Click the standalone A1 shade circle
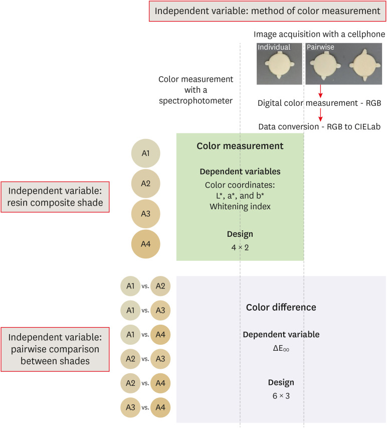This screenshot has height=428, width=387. tap(145, 153)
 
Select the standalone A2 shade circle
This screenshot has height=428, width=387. tap(145, 183)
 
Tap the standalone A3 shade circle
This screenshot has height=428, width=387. tap(145, 213)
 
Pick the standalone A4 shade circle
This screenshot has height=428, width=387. tap(145, 244)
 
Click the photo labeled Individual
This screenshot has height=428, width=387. tap(279, 63)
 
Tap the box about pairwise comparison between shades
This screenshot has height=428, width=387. tap(56, 349)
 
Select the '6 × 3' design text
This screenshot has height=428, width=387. tap(281, 395)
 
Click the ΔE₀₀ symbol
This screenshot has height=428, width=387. tap(281, 347)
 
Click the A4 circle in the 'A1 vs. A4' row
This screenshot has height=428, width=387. tap(160, 334)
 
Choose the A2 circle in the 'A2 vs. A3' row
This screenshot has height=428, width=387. tap(130, 358)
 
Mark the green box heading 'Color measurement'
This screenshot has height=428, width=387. tap(240, 146)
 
